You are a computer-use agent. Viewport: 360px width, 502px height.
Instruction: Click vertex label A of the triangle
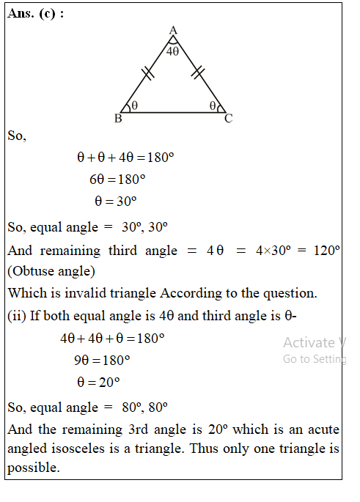click(173, 30)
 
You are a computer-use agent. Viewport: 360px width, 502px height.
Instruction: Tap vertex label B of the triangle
click(118, 119)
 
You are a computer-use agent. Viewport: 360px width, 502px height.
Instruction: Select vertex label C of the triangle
click(228, 119)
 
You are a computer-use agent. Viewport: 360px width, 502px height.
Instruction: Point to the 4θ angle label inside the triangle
click(172, 52)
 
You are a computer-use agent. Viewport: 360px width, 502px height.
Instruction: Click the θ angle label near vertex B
click(135, 106)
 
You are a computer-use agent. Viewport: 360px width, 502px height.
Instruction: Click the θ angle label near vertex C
click(212, 106)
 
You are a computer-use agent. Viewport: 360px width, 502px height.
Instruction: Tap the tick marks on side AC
click(198, 72)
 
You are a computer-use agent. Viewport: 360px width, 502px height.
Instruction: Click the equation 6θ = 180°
click(117, 179)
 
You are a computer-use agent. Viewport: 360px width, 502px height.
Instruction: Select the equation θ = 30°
click(116, 201)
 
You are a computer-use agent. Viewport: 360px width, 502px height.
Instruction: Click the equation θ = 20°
click(98, 382)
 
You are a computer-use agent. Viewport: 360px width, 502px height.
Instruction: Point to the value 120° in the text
click(326, 250)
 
